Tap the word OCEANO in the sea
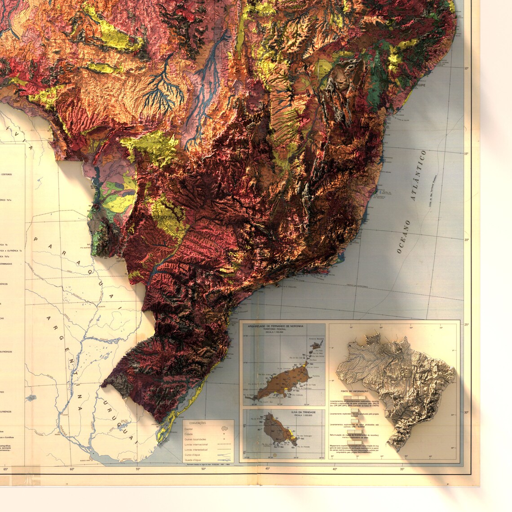pos(403,237)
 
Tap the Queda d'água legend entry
pos(193,459)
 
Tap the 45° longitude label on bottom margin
pos(268,469)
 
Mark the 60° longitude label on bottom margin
pos(72,469)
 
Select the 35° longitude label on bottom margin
pos(402,469)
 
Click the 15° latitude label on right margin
pos(466,154)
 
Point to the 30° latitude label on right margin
pos(466,412)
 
